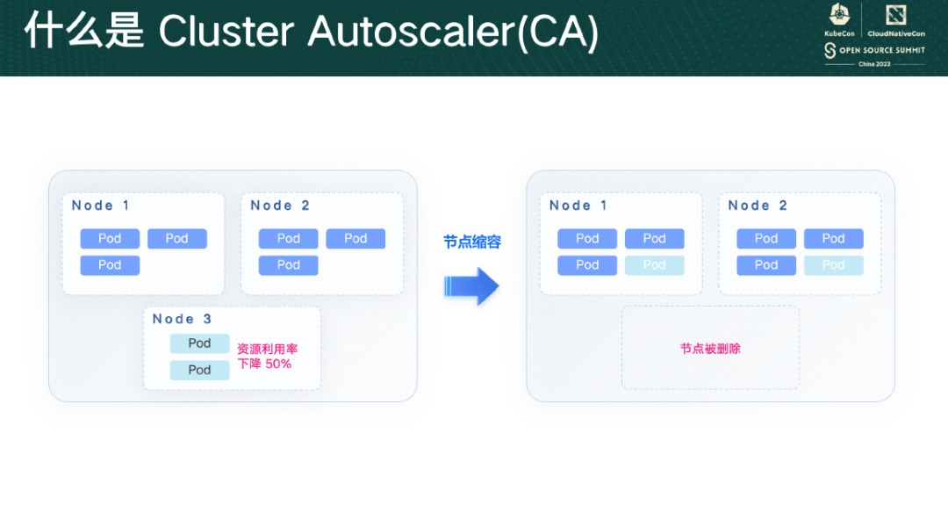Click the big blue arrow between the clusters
tap(471, 286)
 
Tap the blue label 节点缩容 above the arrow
tap(472, 242)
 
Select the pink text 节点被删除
tap(710, 349)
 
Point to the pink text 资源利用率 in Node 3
tap(267, 349)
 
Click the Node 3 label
tap(182, 319)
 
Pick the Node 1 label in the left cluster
tap(100, 206)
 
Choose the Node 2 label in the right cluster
tap(758, 206)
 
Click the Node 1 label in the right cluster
tap(578, 206)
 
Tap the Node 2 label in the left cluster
tap(280, 206)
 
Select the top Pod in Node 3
tap(199, 343)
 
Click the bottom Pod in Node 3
tap(199, 370)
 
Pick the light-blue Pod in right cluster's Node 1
tap(654, 265)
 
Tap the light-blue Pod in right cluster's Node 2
tap(833, 265)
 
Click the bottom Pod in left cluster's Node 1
tap(110, 265)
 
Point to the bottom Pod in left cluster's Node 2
tap(289, 265)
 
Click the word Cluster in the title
tap(226, 31)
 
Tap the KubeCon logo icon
tap(839, 15)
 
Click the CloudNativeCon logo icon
tap(896, 15)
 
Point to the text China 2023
tap(874, 64)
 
